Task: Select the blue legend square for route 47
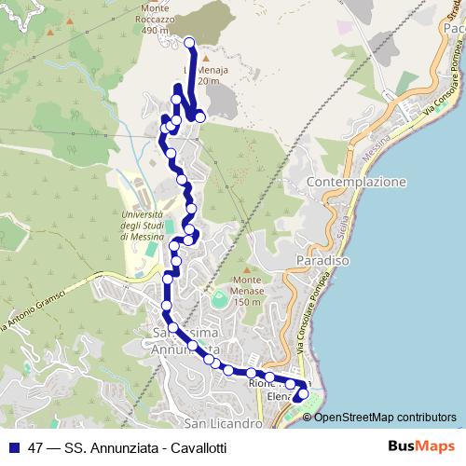point(12,447)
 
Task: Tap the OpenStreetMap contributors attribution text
point(385,417)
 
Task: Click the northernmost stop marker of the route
point(189,41)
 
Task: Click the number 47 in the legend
point(35,447)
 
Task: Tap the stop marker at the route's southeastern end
point(301,394)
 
